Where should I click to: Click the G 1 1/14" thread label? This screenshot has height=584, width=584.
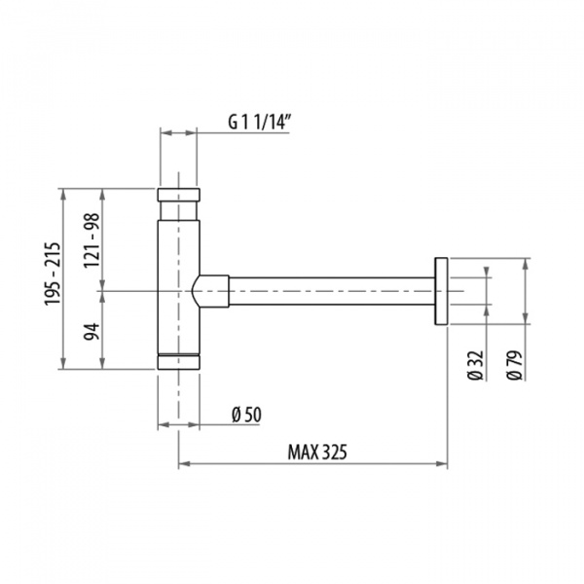tap(261, 123)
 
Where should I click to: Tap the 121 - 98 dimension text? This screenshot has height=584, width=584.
tap(92, 237)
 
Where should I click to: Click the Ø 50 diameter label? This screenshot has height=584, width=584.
tap(246, 415)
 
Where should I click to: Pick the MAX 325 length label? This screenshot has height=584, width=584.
tap(317, 453)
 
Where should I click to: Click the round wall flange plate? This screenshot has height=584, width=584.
tap(441, 291)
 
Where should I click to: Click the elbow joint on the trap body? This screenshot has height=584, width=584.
tap(209, 291)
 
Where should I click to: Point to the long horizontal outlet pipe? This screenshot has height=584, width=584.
tap(331, 291)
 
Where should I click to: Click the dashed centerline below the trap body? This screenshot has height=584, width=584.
tap(178, 399)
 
